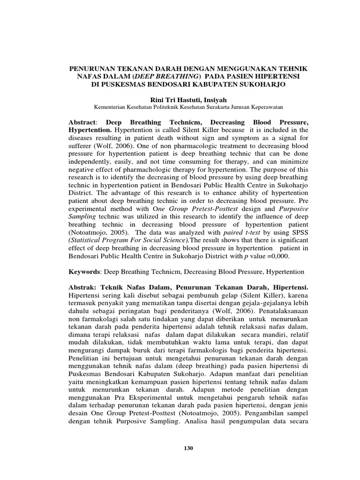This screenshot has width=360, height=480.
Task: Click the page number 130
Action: pos(188,448)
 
